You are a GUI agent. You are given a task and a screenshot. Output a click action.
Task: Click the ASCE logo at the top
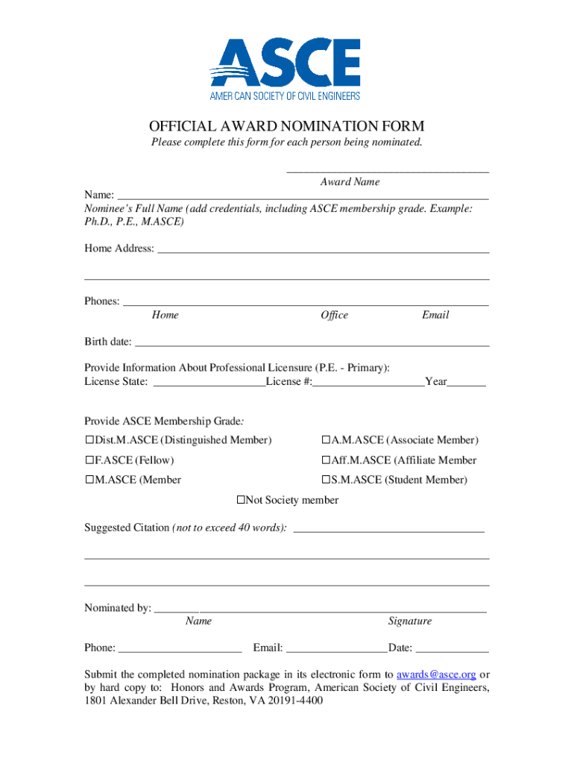(x=286, y=69)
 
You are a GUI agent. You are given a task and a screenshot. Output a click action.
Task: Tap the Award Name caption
(x=350, y=181)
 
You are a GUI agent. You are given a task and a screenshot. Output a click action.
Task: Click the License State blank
(x=209, y=383)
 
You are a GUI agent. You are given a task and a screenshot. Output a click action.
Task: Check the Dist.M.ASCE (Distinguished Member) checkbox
(x=89, y=440)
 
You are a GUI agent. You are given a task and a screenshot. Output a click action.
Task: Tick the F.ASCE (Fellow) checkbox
(x=89, y=460)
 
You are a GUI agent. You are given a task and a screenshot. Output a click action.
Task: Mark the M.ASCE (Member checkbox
(x=89, y=480)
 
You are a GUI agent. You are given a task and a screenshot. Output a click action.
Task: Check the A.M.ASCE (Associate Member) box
(x=326, y=440)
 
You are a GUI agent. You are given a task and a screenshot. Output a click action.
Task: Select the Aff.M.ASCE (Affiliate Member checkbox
(x=326, y=460)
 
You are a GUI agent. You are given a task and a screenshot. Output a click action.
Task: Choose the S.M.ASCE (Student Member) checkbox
(x=326, y=480)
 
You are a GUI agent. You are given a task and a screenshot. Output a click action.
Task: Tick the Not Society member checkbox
(x=241, y=500)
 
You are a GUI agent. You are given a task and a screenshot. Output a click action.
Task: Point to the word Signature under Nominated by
(x=409, y=621)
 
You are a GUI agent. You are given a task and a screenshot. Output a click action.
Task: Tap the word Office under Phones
(x=334, y=315)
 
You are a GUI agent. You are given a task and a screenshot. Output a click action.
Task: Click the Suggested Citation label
(x=127, y=527)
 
